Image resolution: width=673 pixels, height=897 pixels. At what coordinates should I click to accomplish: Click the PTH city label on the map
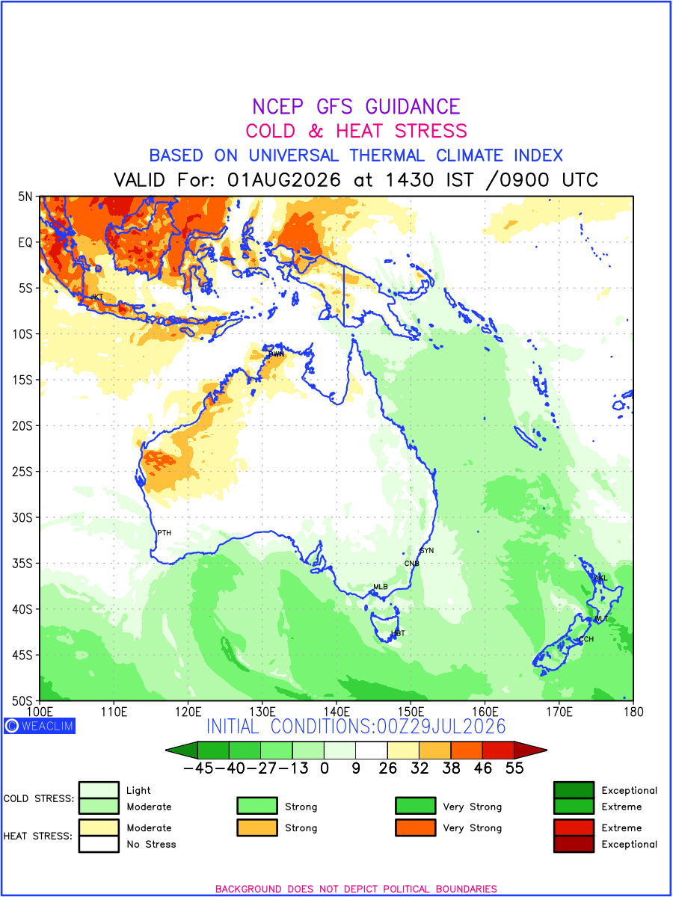pos(164,532)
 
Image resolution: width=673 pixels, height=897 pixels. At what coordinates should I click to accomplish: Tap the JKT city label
pos(96,297)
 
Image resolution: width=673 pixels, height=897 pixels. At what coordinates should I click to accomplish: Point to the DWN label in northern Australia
pos(276,354)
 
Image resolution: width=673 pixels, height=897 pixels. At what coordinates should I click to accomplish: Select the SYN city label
pos(426,550)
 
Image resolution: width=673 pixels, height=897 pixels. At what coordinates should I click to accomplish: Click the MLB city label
pos(380,587)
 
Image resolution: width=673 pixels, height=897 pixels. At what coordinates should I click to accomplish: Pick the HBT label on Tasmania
pos(398,633)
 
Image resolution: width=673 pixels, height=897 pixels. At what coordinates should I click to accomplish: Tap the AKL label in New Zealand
pos(600,578)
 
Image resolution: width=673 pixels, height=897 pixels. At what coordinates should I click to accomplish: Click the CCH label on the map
pos(586,638)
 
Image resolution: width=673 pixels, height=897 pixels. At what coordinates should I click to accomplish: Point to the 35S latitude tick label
pos(22,563)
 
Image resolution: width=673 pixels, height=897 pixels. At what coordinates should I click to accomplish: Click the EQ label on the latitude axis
pos(25,242)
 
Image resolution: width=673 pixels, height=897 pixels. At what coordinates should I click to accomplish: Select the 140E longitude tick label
pos(336,712)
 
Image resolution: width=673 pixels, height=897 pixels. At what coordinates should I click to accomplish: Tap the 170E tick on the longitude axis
pos(559,712)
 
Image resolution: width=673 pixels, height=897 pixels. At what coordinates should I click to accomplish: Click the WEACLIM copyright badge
pos(40,726)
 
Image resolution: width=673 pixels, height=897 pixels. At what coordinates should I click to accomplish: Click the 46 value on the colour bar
pos(483,768)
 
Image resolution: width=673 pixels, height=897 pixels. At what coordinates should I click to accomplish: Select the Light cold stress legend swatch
pos(99,789)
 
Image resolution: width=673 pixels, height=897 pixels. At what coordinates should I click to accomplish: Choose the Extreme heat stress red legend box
pos(574,827)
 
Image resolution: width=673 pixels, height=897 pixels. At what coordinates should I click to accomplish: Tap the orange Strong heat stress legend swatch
pos(257,827)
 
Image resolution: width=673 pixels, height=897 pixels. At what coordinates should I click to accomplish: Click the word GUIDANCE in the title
pos(413,107)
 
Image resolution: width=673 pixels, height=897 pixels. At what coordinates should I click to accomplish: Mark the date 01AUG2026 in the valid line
pos(283,180)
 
